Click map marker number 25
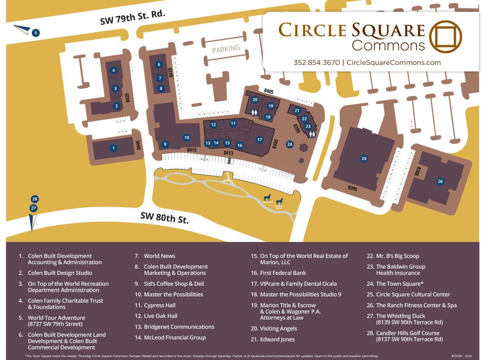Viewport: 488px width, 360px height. click(x=364, y=159)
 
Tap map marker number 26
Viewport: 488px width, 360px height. click(x=440, y=181)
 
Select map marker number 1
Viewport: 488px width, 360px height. click(x=113, y=148)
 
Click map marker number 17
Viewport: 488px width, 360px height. click(x=260, y=140)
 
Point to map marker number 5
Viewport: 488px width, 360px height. click(x=36, y=33)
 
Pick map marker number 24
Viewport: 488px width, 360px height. click(x=290, y=144)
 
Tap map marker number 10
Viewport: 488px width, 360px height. click(x=187, y=138)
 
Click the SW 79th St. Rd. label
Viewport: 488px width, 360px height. click(x=132, y=17)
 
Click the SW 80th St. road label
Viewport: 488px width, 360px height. click(x=164, y=218)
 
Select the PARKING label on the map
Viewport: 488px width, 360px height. click(x=226, y=49)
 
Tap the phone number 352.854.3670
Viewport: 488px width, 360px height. click(x=316, y=62)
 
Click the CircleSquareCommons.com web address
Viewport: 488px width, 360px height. click(x=393, y=62)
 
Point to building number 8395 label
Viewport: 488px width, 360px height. click(x=352, y=189)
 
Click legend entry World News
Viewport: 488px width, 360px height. click(x=159, y=256)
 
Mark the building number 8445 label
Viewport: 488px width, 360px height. click(x=138, y=145)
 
